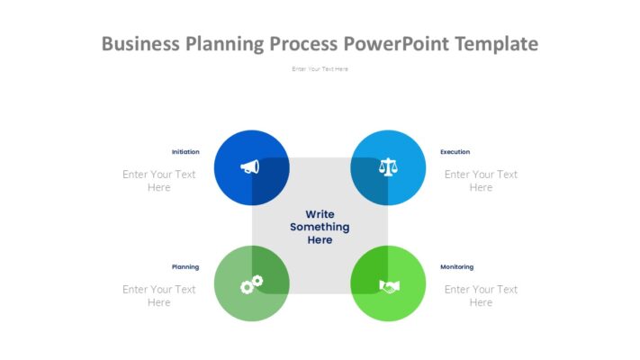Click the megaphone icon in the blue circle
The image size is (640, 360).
tap(249, 166)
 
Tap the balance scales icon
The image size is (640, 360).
tap(388, 166)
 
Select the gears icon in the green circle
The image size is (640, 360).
tap(251, 284)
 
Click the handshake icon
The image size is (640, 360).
tap(389, 286)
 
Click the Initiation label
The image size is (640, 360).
tap(185, 152)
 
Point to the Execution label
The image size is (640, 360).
tap(455, 152)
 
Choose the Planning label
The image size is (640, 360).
tap(185, 267)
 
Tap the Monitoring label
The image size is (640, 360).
tap(456, 267)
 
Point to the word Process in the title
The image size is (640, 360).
tap(305, 43)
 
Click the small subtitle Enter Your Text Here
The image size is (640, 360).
tap(320, 69)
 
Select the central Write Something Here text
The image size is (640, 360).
tap(320, 228)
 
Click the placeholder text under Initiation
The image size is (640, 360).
tap(159, 181)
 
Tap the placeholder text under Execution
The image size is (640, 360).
tap(481, 181)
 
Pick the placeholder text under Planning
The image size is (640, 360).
tap(159, 296)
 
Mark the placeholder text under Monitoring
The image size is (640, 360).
tap(481, 296)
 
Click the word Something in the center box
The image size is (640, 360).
tap(320, 228)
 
